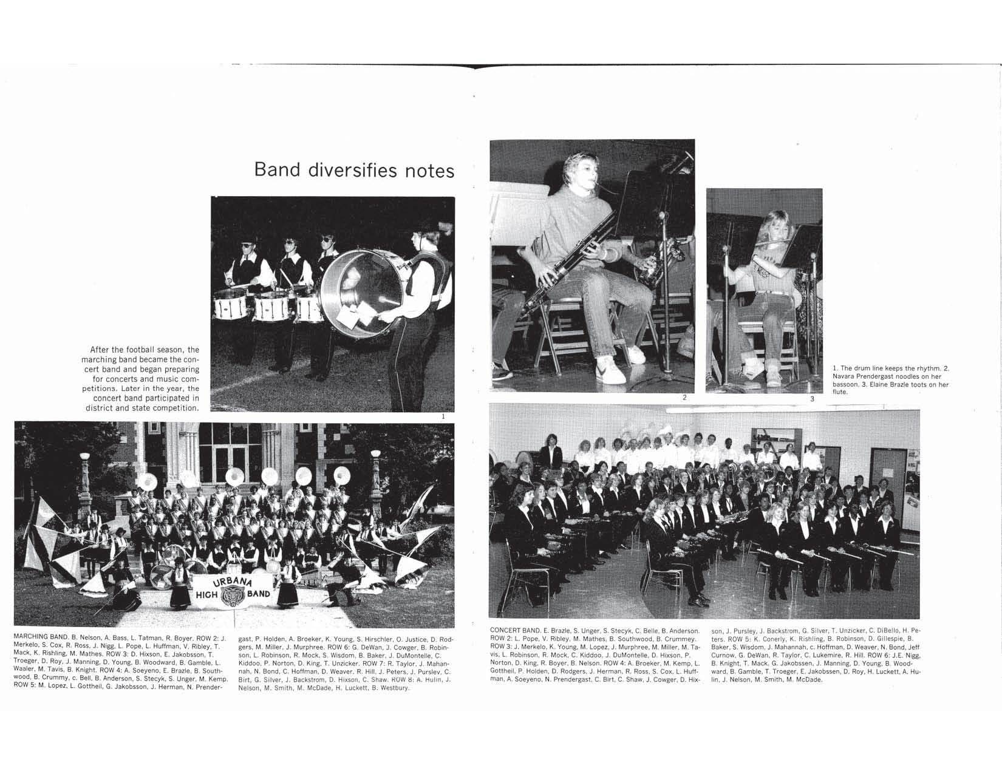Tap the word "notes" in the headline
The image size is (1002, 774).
[x=429, y=170]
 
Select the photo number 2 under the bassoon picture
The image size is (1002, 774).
[x=684, y=398]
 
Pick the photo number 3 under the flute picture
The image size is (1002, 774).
[x=812, y=399]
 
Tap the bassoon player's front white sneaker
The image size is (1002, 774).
[x=609, y=368]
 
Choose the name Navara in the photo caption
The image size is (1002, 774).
[x=845, y=376]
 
